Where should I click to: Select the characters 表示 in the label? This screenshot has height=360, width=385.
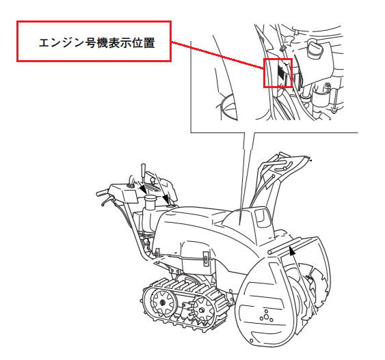click(120, 42)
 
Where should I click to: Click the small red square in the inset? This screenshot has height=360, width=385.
click(278, 73)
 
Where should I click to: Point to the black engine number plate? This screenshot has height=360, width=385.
click(280, 71)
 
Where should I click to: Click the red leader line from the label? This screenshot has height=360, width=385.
click(217, 55)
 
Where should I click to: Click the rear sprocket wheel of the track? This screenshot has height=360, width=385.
click(162, 302)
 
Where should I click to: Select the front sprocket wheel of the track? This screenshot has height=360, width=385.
click(202, 309)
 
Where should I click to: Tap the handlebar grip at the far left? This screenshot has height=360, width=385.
click(102, 193)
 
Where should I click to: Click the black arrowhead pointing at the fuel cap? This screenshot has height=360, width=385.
click(143, 189)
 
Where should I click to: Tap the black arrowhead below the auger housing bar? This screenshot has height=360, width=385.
click(292, 251)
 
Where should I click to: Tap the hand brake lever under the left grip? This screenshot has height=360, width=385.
click(107, 201)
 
